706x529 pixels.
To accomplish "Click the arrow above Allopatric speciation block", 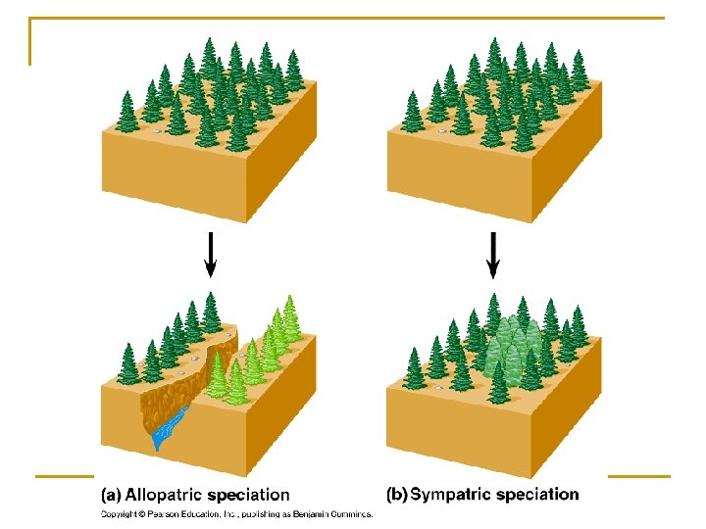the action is click(209, 257).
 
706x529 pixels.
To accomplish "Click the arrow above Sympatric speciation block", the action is click(493, 257).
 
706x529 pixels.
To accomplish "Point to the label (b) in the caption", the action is click(397, 495).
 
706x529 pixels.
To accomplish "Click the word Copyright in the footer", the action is click(122, 513).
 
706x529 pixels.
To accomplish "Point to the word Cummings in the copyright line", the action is click(350, 513).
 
